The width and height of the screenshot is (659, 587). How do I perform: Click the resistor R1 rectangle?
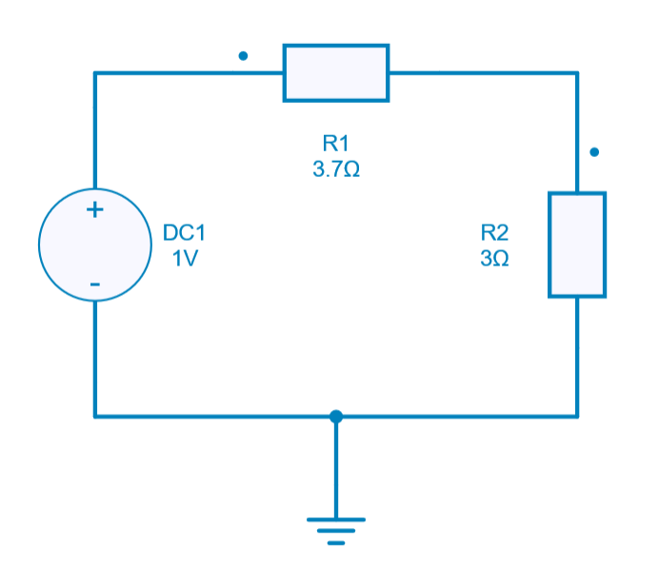coord(336,72)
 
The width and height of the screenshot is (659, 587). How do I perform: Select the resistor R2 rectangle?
coord(577,245)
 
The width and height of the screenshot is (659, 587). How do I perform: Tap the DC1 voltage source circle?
coord(94,245)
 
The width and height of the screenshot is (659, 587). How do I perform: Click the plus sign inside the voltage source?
coord(94,210)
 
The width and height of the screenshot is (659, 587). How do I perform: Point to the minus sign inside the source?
coord(94,284)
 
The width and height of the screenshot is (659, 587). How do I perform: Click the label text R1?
coord(336,144)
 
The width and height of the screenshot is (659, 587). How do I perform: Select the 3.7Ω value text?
coord(336,169)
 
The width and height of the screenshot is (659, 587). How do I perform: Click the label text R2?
coord(495,232)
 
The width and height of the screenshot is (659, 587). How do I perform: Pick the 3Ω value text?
coord(495,259)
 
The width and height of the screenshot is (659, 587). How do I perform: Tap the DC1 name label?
coord(184,232)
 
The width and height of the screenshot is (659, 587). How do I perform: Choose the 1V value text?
coord(184,259)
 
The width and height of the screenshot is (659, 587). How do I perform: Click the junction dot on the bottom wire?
coord(335,416)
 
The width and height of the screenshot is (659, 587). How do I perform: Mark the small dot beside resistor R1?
coord(243,56)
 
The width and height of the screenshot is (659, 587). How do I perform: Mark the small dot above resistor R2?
coord(594,151)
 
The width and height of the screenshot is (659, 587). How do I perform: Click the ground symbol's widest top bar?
coord(335,519)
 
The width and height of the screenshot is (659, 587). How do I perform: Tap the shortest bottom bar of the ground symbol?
coord(335,543)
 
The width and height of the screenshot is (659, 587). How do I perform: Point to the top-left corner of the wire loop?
coord(95,72)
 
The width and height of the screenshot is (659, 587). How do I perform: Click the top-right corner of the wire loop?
coord(577,72)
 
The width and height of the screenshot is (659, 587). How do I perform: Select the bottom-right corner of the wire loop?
coord(577,416)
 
